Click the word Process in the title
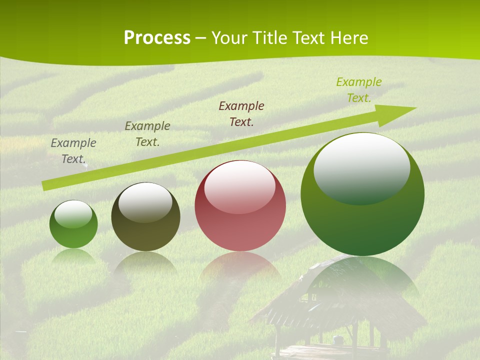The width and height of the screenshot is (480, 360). point(157,38)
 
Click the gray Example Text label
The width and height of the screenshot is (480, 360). point(73,150)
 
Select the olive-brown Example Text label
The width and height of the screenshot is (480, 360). point(147,133)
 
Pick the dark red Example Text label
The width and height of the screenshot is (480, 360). point(241,113)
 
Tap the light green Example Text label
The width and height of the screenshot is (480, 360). point(359,89)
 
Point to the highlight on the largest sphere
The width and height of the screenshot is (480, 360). point(361,167)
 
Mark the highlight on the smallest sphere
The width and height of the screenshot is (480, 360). point(73,214)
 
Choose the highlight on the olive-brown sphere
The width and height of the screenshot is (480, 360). point(145,201)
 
